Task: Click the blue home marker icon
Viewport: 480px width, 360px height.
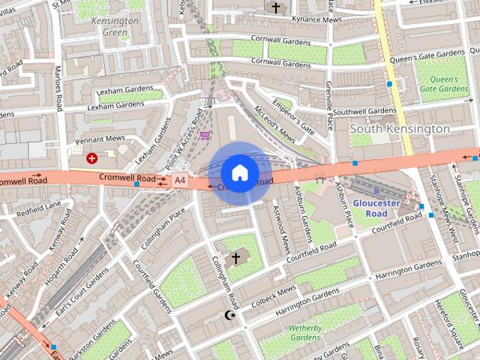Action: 239,173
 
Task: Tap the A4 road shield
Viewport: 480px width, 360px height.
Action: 179,180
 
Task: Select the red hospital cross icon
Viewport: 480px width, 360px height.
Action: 91,158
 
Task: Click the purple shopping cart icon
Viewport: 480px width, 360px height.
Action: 205,135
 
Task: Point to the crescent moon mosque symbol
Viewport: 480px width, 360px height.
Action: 230,315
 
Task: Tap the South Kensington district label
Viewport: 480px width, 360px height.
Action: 400,129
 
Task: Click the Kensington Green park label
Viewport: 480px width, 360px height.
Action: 115,26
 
